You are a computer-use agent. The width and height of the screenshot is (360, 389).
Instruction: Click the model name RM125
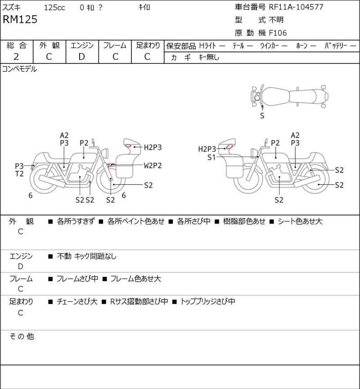tap(20, 19)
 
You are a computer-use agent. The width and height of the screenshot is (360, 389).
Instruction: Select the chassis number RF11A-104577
tap(296, 7)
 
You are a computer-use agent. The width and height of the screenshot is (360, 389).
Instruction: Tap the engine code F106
tap(278, 33)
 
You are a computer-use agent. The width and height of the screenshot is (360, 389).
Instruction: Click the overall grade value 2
tap(16, 57)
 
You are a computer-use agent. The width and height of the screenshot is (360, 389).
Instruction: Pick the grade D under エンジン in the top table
tap(82, 57)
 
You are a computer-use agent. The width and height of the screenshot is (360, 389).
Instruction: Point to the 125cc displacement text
tap(54, 8)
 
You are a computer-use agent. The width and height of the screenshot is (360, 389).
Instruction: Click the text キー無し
tap(209, 57)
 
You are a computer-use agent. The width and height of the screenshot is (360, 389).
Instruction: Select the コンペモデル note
tap(20, 69)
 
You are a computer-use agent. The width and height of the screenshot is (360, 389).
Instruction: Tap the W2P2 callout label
tap(153, 165)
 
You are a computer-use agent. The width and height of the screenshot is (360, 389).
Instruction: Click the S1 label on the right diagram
tap(211, 157)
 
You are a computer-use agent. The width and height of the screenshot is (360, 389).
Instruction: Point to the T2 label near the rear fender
tap(19, 174)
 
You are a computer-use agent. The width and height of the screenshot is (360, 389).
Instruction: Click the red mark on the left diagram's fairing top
tap(128, 146)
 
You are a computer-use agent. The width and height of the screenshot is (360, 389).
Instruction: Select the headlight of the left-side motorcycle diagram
tap(105, 152)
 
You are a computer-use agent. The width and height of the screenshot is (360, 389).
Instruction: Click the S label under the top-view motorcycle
tap(262, 116)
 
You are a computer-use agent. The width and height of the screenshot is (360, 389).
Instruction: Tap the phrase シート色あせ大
tap(300, 221)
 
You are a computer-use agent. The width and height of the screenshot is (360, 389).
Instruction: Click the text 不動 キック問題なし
tap(87, 256)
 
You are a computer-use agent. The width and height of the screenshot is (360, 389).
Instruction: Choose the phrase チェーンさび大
tap(77, 301)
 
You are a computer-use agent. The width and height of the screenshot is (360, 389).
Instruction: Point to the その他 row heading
tap(22, 336)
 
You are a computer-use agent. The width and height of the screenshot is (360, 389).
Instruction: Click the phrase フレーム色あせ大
tap(135, 279)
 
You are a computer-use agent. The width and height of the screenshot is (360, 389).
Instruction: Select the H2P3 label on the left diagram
tap(153, 148)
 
